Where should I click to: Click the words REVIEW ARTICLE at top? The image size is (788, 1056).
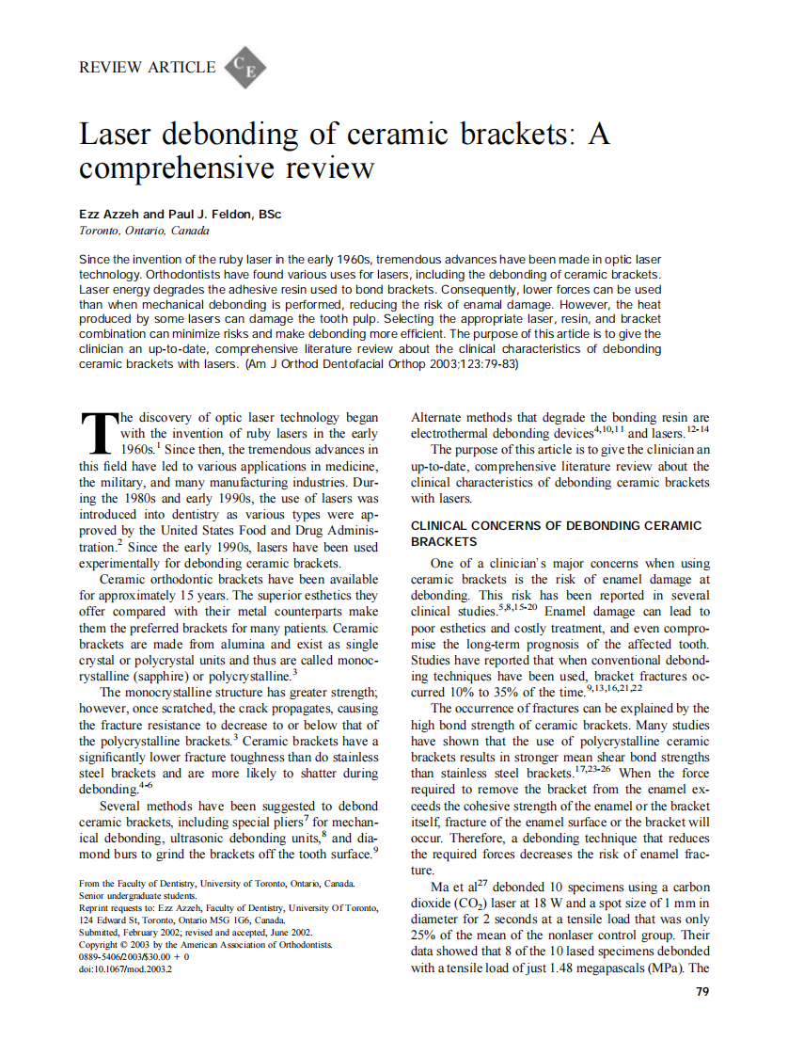[x=148, y=67]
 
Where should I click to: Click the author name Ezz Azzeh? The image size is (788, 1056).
[x=110, y=215]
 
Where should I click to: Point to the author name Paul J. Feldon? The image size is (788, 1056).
[x=215, y=215]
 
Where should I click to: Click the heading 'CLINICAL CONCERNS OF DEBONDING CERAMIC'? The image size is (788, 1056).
[x=558, y=525]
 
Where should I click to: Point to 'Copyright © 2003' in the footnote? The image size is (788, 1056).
[x=118, y=943]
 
